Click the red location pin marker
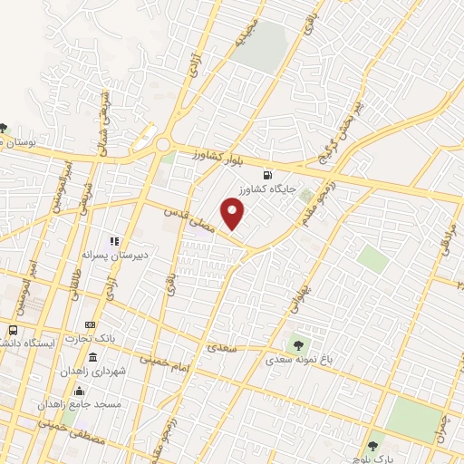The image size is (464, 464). (234, 214)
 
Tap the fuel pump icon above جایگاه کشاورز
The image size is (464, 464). (266, 175)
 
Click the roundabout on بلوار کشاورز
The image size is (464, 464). (162, 144)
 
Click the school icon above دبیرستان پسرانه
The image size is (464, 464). (114, 241)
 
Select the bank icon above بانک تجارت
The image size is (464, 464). (89, 324)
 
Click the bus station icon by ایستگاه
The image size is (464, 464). (14, 331)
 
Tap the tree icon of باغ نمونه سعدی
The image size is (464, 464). (296, 343)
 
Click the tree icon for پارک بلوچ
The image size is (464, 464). (373, 446)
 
